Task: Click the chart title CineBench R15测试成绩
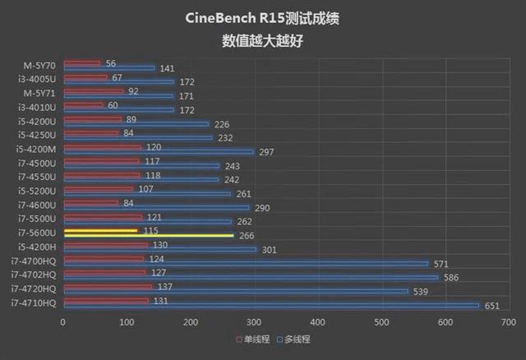tap(262, 18)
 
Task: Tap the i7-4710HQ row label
tap(34, 303)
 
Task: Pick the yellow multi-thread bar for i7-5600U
tap(149, 236)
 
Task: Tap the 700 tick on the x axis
tap(509, 322)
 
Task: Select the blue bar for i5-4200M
tap(159, 151)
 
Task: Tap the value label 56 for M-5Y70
tap(111, 62)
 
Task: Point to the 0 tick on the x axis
tap(63, 322)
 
